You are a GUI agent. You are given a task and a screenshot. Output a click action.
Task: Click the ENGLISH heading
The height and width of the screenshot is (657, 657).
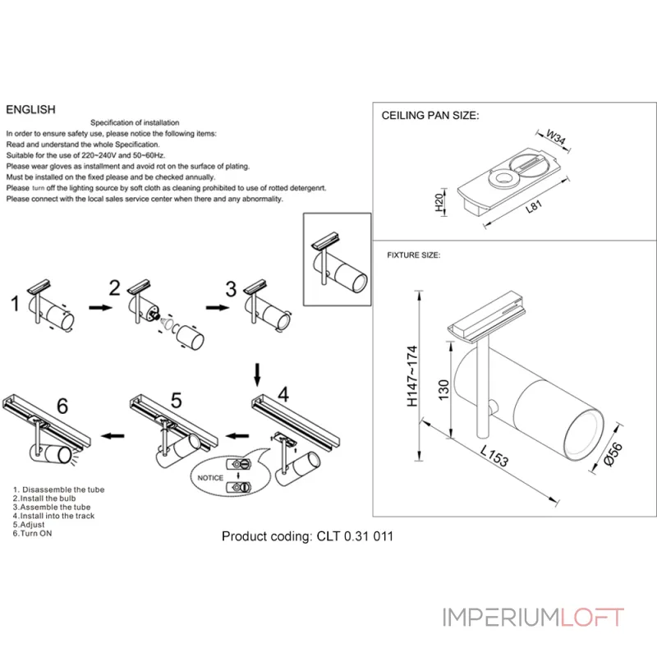[x=30, y=109]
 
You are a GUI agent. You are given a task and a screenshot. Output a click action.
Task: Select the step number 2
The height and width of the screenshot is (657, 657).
[x=115, y=287]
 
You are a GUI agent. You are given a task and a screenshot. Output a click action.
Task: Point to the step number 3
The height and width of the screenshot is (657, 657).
[x=231, y=288]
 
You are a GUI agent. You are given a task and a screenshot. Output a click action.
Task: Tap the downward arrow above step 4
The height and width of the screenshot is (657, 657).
[x=258, y=374]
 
